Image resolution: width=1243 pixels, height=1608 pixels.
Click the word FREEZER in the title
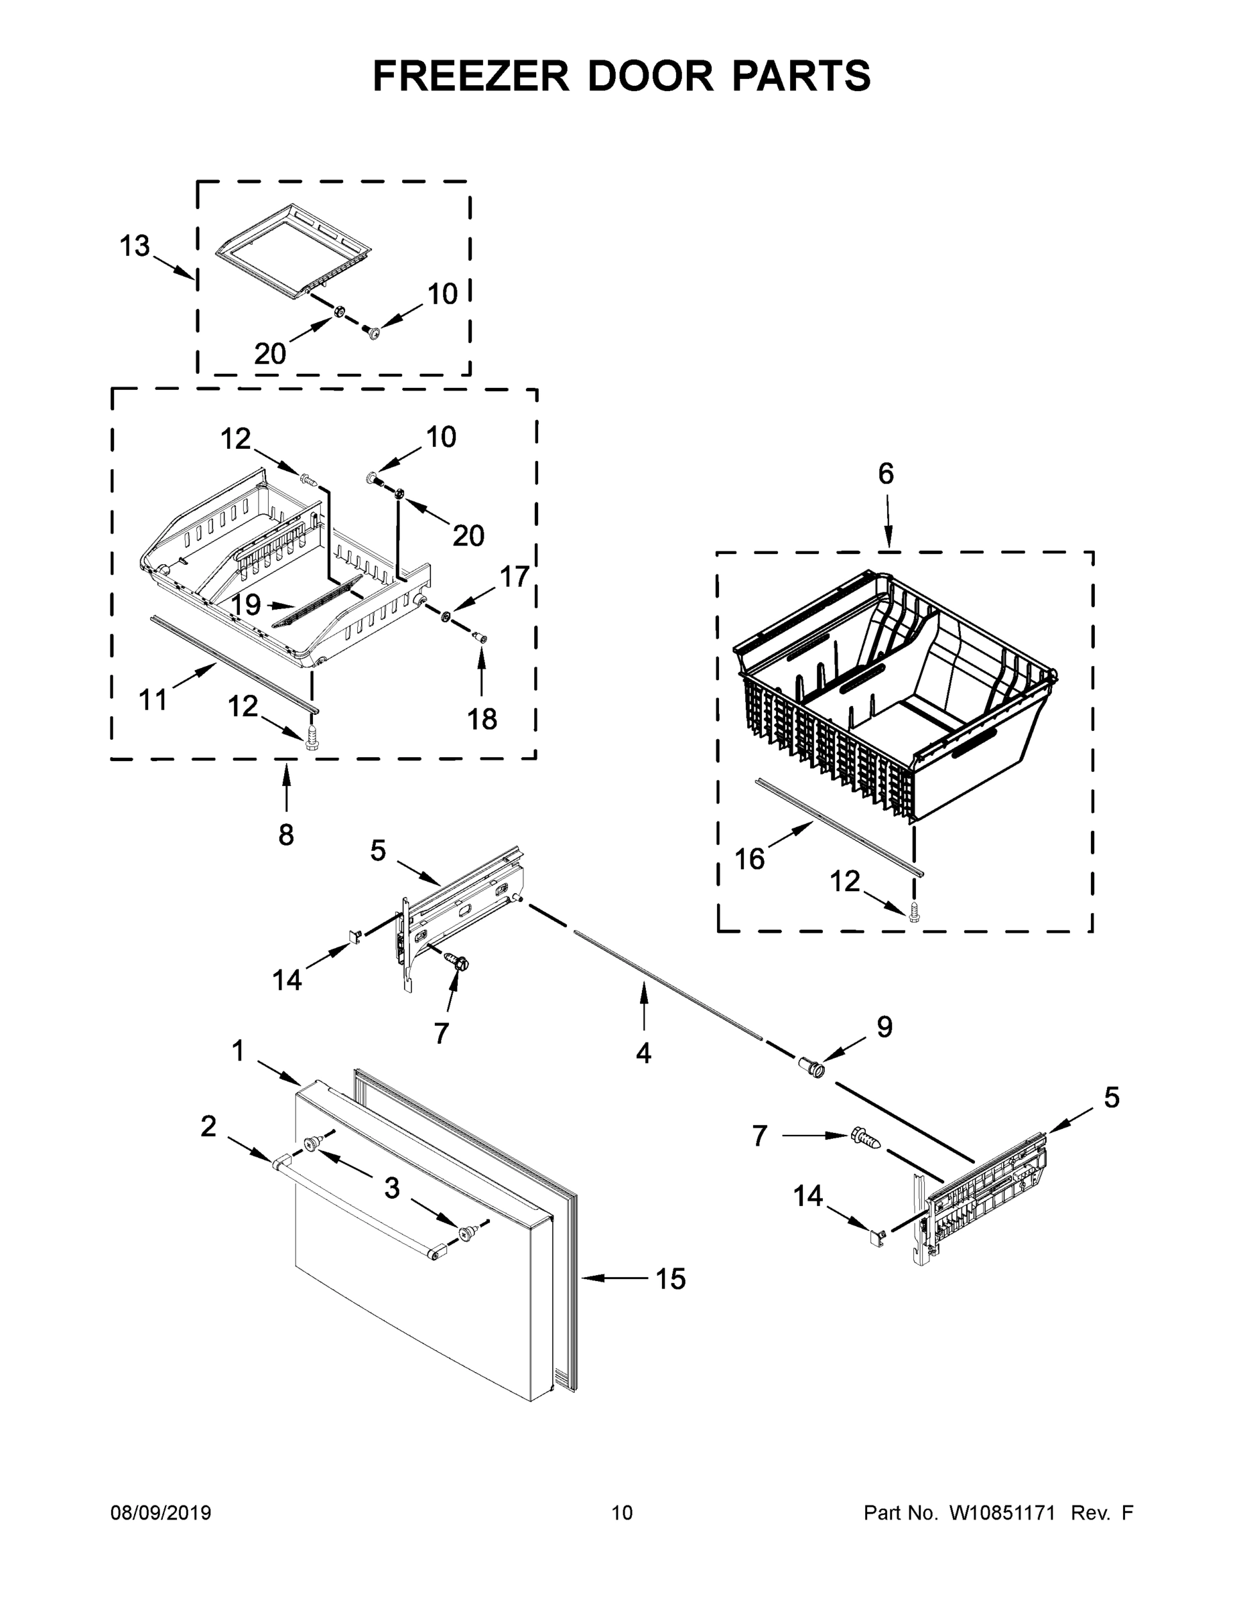point(471,76)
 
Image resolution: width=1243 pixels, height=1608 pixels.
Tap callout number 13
point(135,247)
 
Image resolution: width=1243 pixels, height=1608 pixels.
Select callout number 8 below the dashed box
point(285,835)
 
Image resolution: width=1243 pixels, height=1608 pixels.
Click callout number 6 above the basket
point(886,474)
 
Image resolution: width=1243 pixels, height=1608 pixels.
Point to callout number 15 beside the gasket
point(670,1279)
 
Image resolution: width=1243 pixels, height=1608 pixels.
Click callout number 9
point(884,1026)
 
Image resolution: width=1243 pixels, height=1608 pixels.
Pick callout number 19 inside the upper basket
point(245,604)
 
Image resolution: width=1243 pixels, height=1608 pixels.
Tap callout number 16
point(750,858)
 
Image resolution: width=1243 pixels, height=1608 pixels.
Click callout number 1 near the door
point(237,1051)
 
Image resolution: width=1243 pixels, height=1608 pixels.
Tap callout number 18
point(482,720)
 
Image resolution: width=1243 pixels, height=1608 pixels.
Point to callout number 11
point(153,699)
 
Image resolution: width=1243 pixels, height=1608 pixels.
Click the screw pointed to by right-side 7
point(865,1138)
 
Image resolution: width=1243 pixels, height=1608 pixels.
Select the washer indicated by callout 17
point(446,616)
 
